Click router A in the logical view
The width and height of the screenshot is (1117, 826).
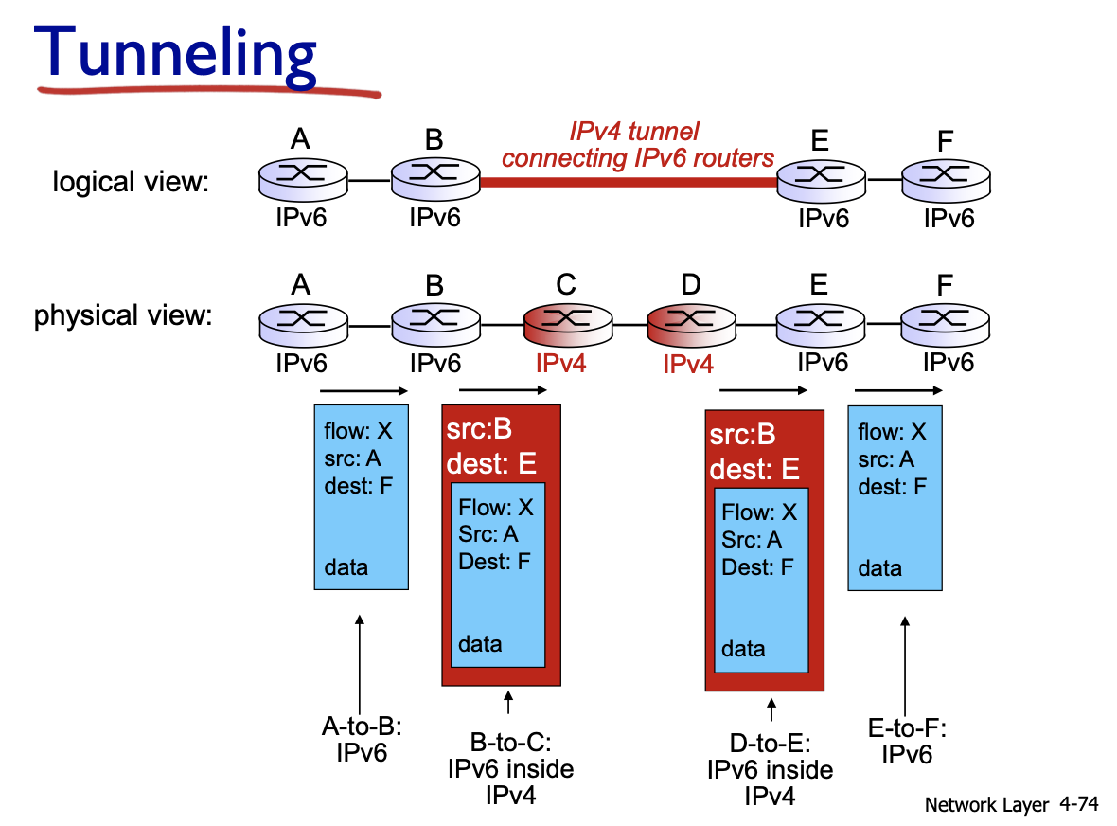(300, 178)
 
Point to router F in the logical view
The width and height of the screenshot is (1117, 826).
(944, 178)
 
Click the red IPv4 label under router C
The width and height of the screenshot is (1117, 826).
(560, 363)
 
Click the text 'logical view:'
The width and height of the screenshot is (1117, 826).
(130, 180)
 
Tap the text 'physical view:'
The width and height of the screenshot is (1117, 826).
(123, 314)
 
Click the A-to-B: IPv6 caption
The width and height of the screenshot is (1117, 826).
(362, 740)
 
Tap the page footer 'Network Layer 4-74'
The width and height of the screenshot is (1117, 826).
(1010, 805)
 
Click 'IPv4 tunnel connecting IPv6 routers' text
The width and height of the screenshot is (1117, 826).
(637, 145)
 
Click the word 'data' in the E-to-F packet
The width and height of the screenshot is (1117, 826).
(879, 568)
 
